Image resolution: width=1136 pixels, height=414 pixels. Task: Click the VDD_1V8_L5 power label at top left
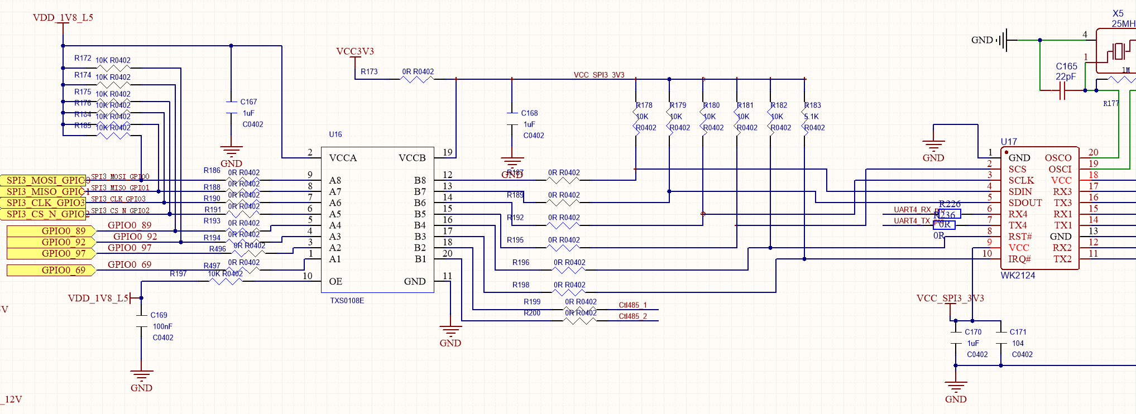click(63, 17)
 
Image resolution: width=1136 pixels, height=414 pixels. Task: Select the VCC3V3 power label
click(355, 51)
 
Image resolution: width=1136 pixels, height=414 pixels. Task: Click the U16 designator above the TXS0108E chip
click(335, 134)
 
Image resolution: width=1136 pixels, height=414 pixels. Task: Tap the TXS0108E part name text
click(347, 301)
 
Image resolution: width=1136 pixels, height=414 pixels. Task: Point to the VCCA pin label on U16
click(343, 158)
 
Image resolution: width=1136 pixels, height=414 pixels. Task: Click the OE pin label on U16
click(335, 281)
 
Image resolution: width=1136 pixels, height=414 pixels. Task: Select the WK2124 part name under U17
click(1018, 276)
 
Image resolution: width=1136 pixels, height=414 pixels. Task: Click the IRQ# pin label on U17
click(1019, 259)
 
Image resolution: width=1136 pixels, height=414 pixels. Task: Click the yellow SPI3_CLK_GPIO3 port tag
click(45, 203)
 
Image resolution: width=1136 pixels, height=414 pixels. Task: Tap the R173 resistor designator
click(369, 71)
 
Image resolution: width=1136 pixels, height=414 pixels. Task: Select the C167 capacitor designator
click(248, 102)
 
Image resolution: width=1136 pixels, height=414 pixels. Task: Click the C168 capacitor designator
click(529, 113)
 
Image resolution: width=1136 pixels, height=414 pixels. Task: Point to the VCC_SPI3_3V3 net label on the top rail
click(599, 75)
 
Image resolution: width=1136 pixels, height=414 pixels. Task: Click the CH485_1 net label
click(632, 305)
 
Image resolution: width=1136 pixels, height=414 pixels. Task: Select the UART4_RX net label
click(912, 210)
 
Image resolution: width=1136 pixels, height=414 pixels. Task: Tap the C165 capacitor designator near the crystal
click(1066, 66)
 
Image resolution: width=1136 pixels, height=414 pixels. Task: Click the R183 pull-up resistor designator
click(813, 105)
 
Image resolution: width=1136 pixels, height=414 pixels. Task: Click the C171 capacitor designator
click(1018, 332)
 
